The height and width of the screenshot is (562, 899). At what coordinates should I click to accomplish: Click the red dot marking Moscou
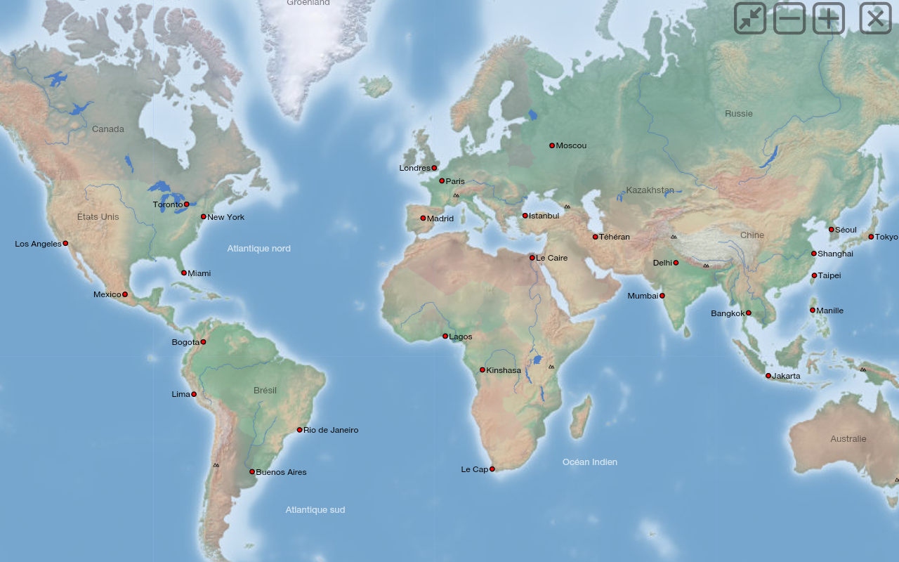pyautogui.click(x=552, y=145)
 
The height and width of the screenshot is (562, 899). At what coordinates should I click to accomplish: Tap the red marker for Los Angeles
pyautogui.click(x=65, y=243)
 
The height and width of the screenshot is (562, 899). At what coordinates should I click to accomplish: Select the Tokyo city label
pyautogui.click(x=886, y=237)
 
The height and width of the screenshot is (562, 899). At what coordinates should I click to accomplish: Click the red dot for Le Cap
pyautogui.click(x=492, y=469)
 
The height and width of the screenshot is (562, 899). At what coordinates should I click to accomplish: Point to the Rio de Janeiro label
pyautogui.click(x=331, y=430)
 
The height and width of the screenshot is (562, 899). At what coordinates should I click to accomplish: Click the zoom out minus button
pyautogui.click(x=789, y=18)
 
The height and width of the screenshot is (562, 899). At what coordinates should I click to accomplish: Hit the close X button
pyautogui.click(x=875, y=18)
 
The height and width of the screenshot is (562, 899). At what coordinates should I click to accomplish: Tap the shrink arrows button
pyautogui.click(x=750, y=18)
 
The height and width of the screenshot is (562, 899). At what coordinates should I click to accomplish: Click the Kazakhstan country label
pyautogui.click(x=650, y=190)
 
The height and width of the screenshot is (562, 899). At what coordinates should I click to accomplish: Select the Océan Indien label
pyautogui.click(x=589, y=462)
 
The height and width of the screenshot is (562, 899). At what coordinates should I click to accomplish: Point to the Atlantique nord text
pyautogui.click(x=258, y=248)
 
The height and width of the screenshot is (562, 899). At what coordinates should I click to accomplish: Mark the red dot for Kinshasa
pyautogui.click(x=483, y=370)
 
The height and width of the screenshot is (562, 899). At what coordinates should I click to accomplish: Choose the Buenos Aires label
pyautogui.click(x=281, y=472)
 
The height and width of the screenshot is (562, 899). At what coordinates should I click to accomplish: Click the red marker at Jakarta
pyautogui.click(x=768, y=376)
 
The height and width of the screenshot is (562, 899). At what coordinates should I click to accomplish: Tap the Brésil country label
pyautogui.click(x=265, y=390)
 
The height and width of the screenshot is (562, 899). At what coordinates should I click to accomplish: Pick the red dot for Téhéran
pyautogui.click(x=595, y=237)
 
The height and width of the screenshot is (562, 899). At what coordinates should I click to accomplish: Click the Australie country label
pyautogui.click(x=848, y=438)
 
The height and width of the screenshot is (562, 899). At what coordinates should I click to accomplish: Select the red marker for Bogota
pyautogui.click(x=203, y=342)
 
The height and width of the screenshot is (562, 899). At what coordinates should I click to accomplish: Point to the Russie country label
pyautogui.click(x=738, y=113)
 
